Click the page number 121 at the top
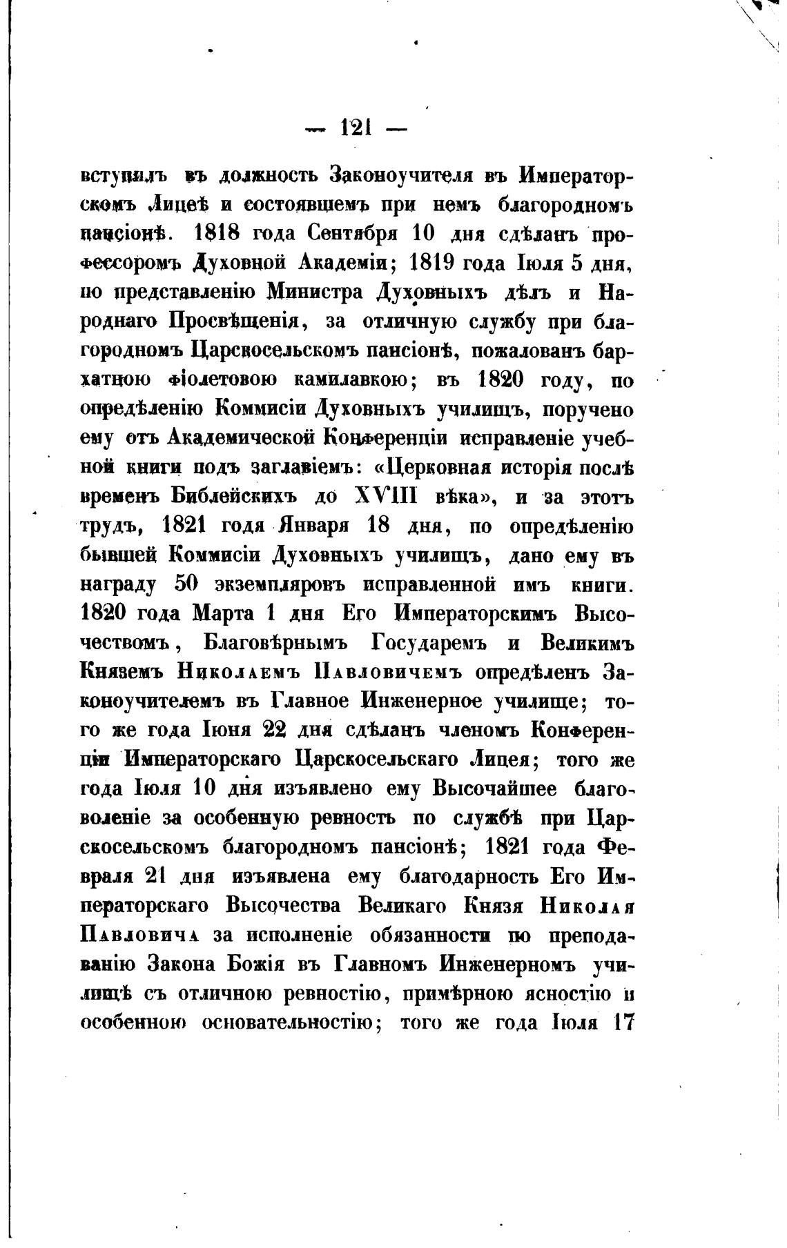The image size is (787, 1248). (356, 128)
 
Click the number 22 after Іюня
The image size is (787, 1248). (253, 731)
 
